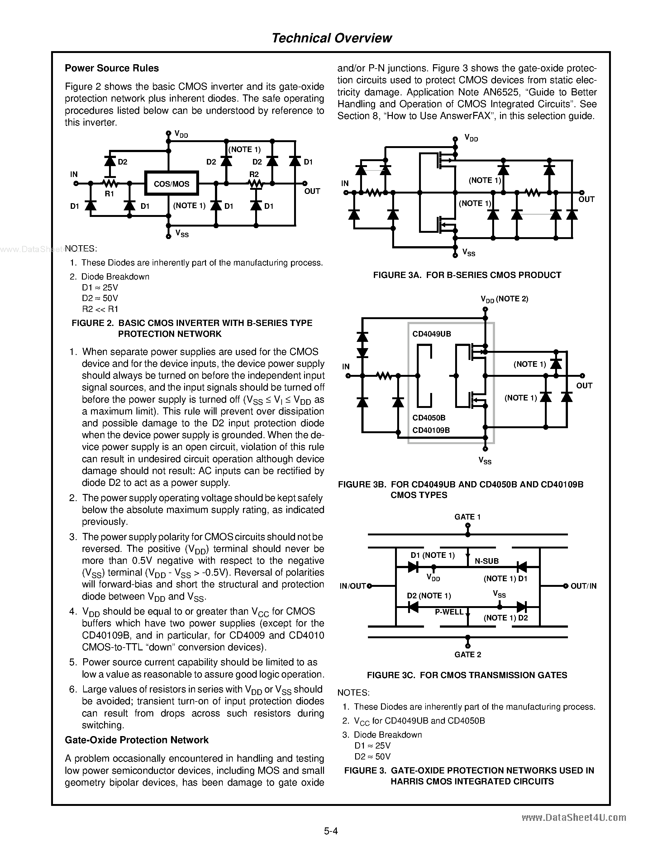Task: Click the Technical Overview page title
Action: pos(331,38)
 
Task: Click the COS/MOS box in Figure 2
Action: pos(171,184)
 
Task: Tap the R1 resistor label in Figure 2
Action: pos(109,194)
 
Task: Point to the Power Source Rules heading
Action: pos(112,68)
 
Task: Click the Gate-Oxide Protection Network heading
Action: pos(136,740)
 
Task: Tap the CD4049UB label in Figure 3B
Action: pos(431,334)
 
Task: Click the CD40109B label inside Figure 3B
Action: pos(431,430)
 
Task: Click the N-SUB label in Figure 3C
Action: pos(486,561)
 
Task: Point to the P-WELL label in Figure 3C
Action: pos(449,612)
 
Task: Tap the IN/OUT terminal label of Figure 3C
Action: pos(353,586)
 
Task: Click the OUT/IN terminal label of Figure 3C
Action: pos(583,586)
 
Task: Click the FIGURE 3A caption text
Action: pos(467,275)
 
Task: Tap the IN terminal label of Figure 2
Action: pos(74,174)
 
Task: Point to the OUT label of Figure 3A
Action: pos(586,199)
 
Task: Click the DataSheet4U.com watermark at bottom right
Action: pos(574,817)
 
